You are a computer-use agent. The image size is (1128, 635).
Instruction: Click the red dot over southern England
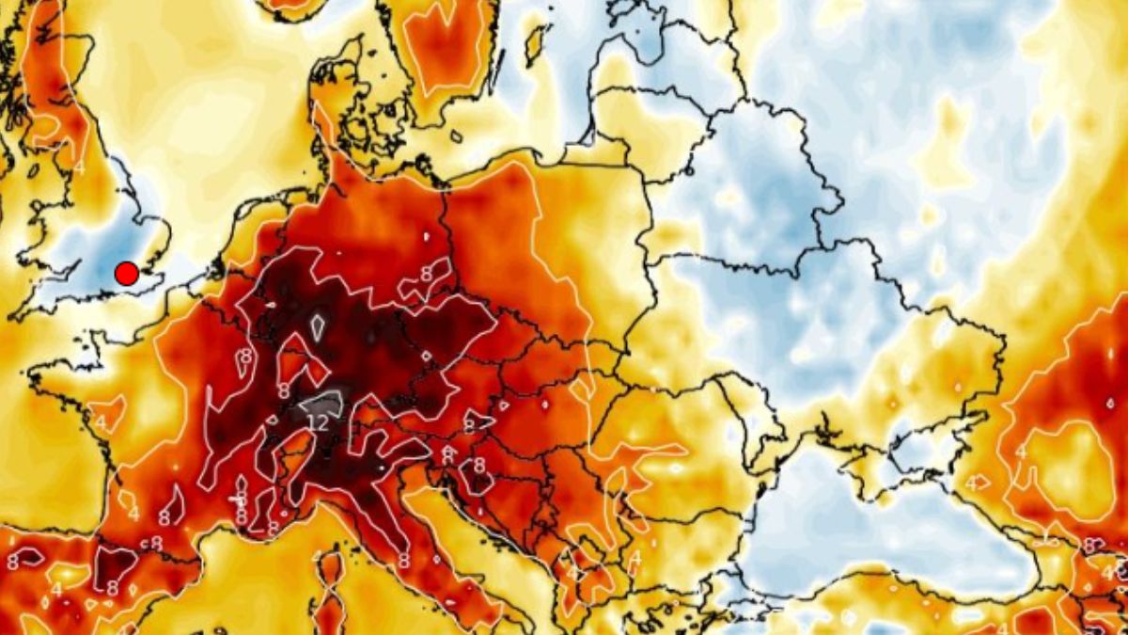126,274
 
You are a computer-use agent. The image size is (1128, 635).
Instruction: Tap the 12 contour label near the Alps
319,423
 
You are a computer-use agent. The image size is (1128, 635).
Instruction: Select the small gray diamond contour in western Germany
318,326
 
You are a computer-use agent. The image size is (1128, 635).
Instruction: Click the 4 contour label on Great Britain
79,167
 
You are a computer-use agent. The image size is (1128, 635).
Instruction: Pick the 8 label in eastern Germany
426,274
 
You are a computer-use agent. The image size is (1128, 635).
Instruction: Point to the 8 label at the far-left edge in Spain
12,562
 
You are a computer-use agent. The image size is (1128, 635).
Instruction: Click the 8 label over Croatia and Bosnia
478,465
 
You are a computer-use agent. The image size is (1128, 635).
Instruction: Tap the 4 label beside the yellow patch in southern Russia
1020,452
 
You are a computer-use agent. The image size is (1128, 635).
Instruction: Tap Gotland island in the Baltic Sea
539,42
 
